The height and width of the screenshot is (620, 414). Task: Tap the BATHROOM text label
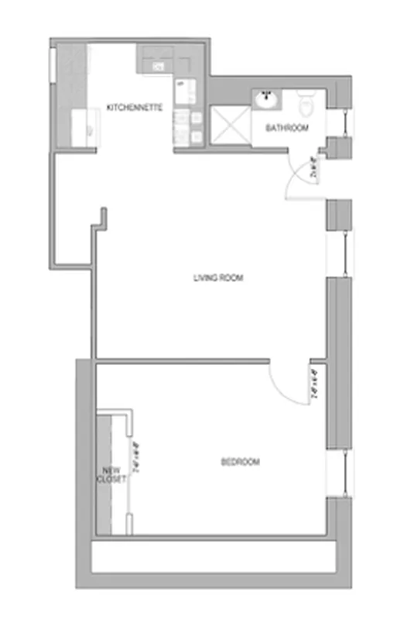pyautogui.click(x=288, y=128)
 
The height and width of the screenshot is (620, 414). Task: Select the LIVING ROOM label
pyautogui.click(x=218, y=277)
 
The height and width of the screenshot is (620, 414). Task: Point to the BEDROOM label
pyautogui.click(x=240, y=462)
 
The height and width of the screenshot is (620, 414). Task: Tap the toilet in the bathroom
pyautogui.click(x=306, y=103)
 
